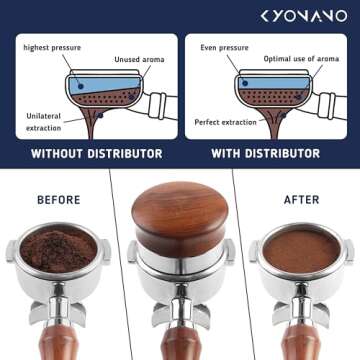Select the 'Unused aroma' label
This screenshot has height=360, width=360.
click(139, 59)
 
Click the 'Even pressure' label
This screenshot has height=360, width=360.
click(223, 47)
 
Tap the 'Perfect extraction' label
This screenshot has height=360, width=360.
click(226, 121)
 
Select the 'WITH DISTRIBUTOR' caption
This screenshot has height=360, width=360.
click(265, 154)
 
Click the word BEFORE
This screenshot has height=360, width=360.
click(58, 199)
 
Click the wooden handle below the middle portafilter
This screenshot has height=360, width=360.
click(180, 335)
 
